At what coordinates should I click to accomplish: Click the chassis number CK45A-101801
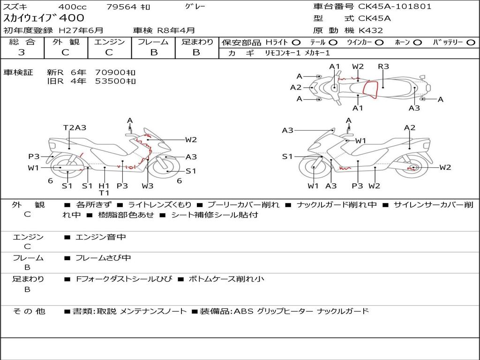click(x=395, y=7)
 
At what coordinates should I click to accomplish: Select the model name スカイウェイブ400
click(x=44, y=18)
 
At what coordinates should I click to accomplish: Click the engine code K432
click(x=371, y=30)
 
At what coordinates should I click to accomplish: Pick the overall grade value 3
click(x=22, y=52)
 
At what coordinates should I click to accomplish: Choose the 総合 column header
click(x=22, y=42)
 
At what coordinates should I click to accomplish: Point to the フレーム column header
click(x=153, y=42)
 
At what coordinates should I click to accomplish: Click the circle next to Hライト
click(x=296, y=42)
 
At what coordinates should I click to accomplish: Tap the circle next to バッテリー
click(x=471, y=42)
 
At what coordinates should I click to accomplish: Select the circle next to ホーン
click(x=417, y=42)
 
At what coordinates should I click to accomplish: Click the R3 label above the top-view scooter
click(x=383, y=67)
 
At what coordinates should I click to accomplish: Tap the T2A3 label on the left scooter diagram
click(x=75, y=127)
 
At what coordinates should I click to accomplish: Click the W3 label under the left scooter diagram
click(x=148, y=186)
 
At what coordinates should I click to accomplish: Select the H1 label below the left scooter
click(x=104, y=186)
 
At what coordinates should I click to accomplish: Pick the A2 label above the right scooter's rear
click(x=410, y=127)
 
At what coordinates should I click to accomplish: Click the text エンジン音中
click(x=101, y=237)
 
